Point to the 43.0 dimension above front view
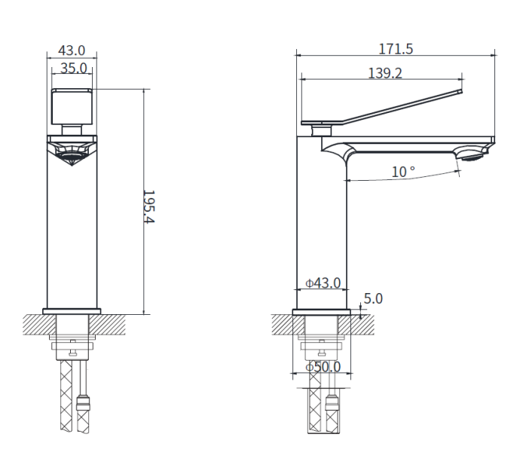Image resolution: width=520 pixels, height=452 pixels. coord(72,50)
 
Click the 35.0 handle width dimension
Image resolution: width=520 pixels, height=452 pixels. coord(72,69)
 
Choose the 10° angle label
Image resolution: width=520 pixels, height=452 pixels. coord(402,172)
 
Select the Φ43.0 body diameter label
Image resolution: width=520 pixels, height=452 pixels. coord(323,283)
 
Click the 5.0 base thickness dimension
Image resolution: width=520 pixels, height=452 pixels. coord(373,298)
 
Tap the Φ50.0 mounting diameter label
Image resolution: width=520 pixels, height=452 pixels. coord(323,367)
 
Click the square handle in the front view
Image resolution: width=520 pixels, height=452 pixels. coord(72,105)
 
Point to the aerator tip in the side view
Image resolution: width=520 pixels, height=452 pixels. coord(473,156)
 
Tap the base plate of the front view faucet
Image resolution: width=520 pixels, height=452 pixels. coord(72,310)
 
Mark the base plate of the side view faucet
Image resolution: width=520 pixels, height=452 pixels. coord(323,310)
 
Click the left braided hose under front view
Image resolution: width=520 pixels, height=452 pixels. coord(65,414)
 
